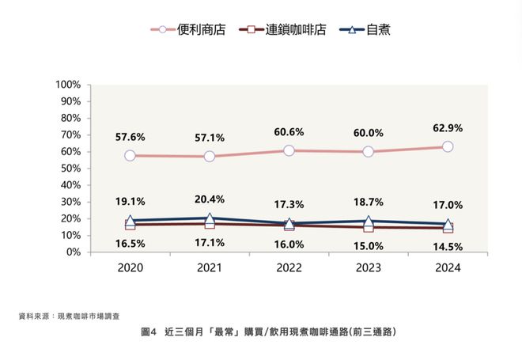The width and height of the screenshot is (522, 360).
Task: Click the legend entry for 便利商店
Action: coord(188,29)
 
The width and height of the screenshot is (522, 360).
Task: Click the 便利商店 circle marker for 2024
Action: coord(448,146)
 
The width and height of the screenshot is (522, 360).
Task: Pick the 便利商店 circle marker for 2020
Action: coord(130,156)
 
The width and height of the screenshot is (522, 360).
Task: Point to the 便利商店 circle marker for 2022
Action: coord(289,150)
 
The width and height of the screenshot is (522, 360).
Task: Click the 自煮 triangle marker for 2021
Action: coord(210,218)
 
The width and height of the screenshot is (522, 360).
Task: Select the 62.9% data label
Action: coord(447,127)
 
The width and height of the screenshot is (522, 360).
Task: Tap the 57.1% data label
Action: coord(209,137)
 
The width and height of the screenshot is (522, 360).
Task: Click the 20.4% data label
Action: coord(209,199)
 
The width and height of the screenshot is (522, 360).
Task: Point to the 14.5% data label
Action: coord(447,246)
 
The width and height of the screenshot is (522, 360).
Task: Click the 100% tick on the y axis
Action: coord(68,85)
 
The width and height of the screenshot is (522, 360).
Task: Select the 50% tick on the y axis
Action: coord(70,169)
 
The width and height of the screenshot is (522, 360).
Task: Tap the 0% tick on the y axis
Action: coord(73,252)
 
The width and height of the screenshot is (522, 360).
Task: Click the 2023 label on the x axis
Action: coord(368,268)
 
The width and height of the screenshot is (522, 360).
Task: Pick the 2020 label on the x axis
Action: coord(130,268)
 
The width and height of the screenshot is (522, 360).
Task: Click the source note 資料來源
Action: coord(70,316)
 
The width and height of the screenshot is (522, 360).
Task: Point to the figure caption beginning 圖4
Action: coord(260,332)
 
